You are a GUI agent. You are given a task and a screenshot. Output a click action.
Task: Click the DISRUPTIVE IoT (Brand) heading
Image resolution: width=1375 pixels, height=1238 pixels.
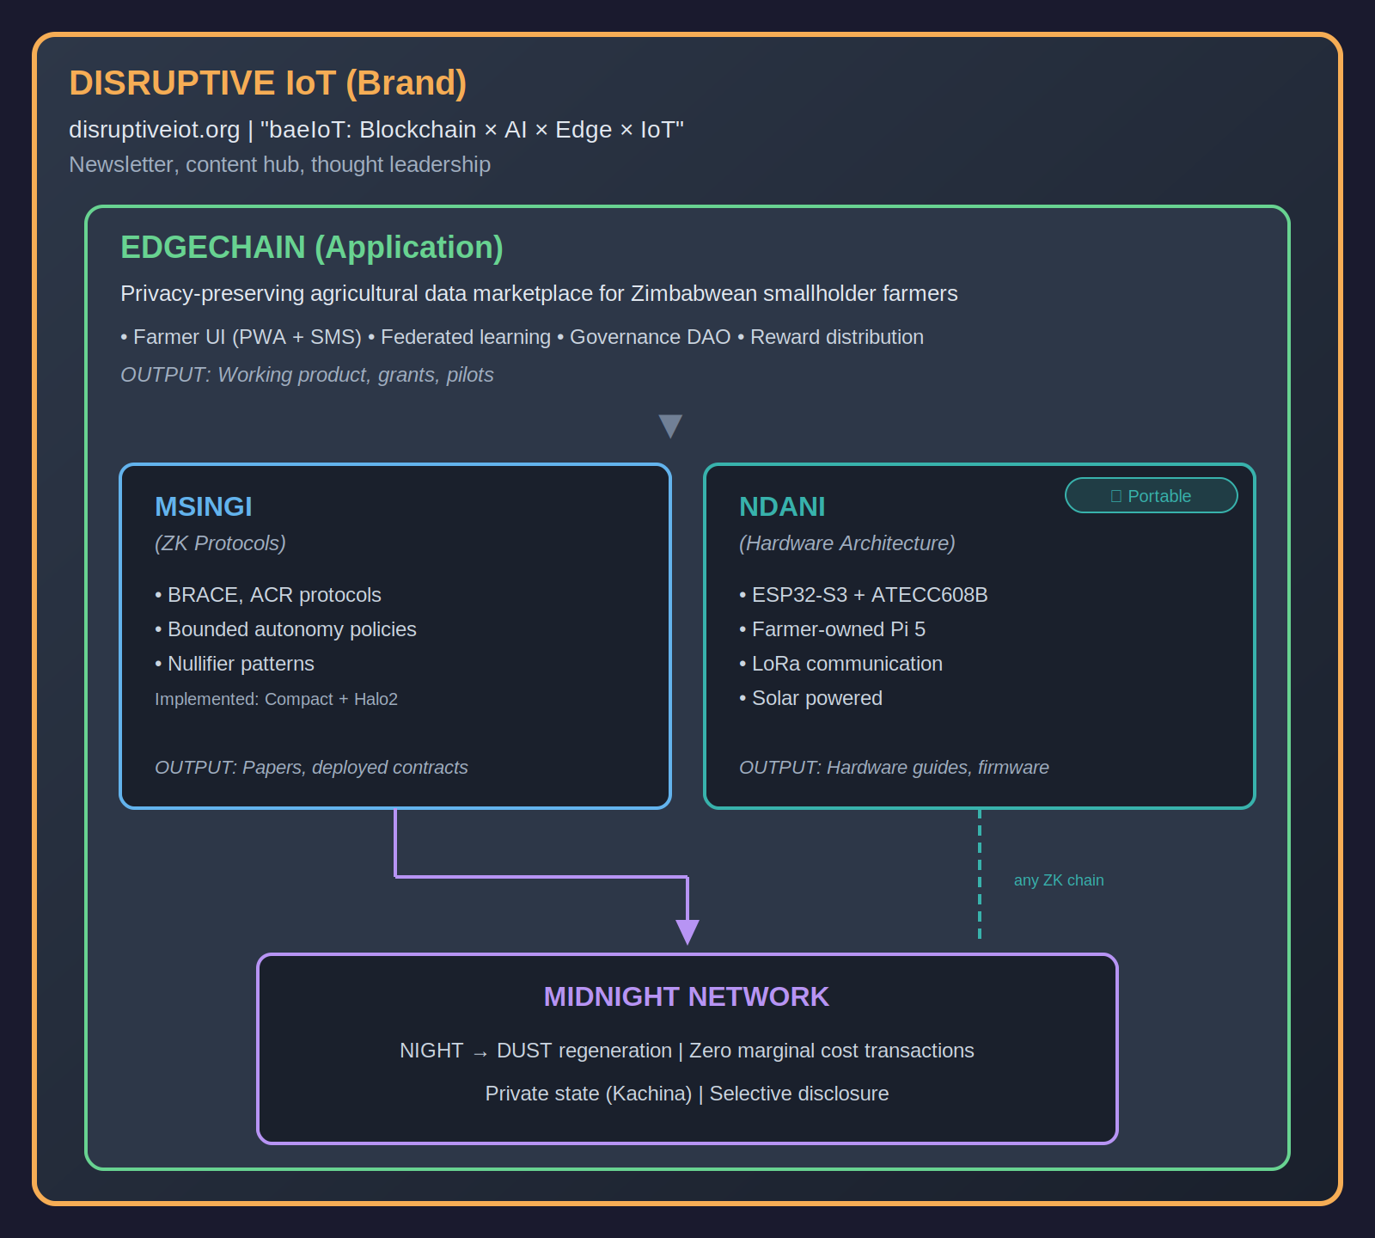click(x=267, y=83)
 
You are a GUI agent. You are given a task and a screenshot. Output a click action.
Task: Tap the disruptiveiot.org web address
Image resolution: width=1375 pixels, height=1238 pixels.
click(x=155, y=130)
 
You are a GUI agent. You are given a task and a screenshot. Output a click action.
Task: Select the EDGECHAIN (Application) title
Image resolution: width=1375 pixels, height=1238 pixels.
click(x=311, y=248)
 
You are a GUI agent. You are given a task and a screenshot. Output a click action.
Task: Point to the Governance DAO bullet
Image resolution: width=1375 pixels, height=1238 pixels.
click(x=650, y=337)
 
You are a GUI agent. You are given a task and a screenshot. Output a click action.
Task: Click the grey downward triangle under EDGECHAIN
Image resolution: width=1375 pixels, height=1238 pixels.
click(x=670, y=426)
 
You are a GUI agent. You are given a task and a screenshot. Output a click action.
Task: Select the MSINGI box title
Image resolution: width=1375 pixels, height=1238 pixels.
click(x=204, y=507)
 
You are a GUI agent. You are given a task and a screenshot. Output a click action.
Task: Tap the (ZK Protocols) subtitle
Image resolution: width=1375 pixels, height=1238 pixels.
click(x=220, y=543)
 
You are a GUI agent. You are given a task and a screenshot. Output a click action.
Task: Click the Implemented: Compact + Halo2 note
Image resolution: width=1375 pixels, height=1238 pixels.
click(x=276, y=699)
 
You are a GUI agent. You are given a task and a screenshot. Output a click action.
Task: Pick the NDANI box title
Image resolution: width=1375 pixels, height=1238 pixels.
click(x=782, y=507)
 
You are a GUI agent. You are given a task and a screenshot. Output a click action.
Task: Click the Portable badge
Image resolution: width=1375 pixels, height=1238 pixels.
click(x=1151, y=496)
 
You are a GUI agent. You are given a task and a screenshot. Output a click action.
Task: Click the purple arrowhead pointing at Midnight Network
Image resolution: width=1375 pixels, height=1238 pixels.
click(x=687, y=931)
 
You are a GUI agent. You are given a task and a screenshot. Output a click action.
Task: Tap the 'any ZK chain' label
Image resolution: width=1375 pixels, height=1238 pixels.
click(x=1059, y=880)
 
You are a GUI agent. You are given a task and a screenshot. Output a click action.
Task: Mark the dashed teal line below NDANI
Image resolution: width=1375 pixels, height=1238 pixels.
click(x=980, y=873)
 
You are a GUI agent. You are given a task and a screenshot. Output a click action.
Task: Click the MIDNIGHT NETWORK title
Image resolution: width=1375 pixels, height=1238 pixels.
click(x=687, y=997)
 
